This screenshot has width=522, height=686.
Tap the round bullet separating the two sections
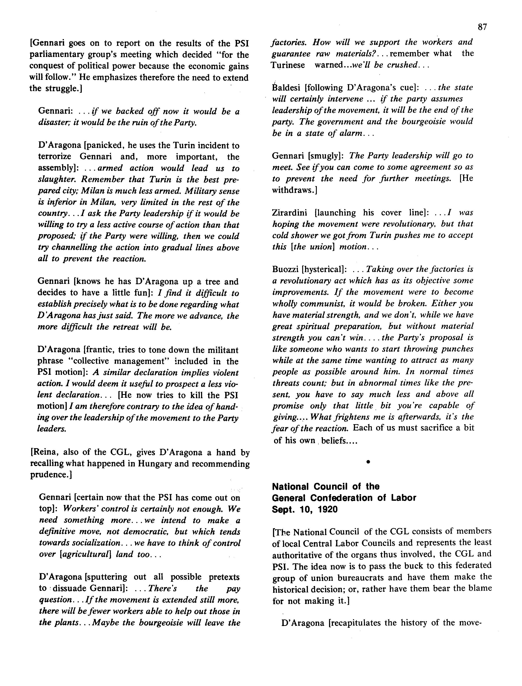click(368, 462)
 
